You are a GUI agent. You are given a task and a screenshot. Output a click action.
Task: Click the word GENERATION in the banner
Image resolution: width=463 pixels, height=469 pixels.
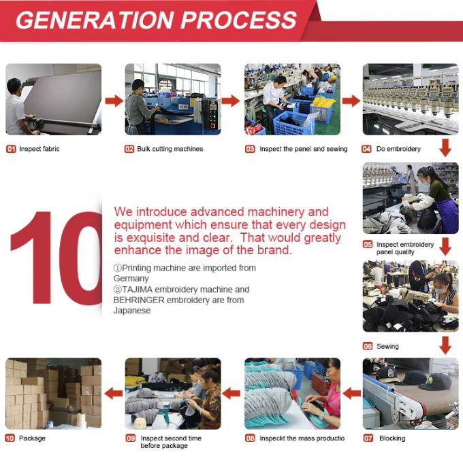point(95,20)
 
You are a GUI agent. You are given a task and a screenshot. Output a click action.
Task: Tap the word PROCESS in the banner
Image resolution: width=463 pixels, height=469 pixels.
point(238,20)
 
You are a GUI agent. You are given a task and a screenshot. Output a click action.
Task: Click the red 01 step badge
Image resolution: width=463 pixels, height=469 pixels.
point(11,149)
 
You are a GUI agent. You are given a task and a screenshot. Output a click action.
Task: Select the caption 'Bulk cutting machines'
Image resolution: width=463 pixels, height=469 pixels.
point(170,149)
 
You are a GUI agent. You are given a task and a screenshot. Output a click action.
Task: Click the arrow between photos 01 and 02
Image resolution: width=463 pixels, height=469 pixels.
point(114,101)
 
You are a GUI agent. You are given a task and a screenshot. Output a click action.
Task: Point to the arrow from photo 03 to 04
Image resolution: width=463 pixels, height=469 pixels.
point(351,101)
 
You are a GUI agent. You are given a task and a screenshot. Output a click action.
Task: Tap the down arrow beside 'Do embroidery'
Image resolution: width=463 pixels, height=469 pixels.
point(445,147)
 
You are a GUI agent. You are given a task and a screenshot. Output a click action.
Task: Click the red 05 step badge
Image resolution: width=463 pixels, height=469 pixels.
point(368,245)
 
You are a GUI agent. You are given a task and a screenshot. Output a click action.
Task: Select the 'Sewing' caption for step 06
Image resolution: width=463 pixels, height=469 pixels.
point(387,347)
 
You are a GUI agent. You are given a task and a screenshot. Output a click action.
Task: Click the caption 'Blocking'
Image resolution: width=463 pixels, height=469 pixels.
point(392,438)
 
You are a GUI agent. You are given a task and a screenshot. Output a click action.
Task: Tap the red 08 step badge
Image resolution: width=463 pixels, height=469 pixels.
point(250,438)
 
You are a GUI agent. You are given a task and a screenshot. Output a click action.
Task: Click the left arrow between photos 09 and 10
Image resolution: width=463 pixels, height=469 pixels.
point(114,394)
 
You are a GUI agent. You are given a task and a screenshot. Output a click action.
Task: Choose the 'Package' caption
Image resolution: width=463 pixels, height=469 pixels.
point(32,438)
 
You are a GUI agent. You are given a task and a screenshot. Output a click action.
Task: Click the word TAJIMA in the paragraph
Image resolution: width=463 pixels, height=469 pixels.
point(138,290)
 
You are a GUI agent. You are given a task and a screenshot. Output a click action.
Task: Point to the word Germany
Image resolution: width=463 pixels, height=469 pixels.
point(131,279)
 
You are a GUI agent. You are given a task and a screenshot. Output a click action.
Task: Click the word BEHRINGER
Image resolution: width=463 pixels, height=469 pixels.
point(139,300)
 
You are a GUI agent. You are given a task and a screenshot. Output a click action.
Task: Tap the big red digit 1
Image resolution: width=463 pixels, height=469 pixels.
point(33,258)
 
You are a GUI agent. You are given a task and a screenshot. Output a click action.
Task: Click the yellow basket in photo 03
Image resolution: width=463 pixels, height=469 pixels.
point(323,109)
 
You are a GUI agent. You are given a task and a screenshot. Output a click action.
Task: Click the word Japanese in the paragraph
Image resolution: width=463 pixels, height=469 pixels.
point(132,311)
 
